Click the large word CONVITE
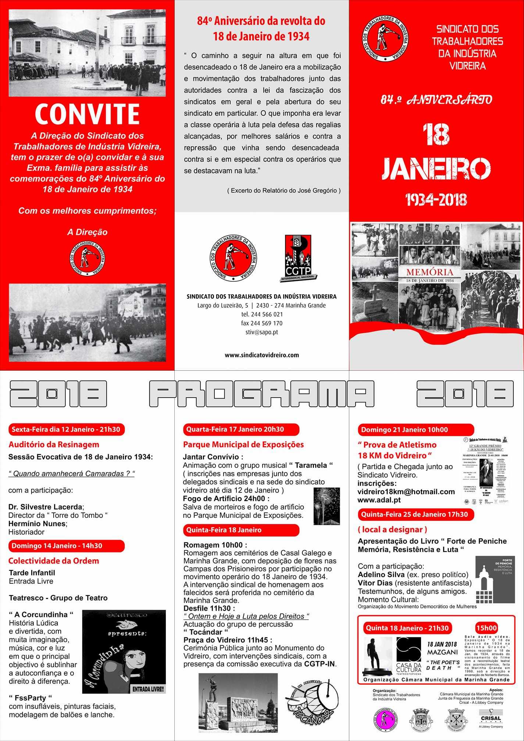pos(87,114)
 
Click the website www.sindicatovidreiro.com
pos(261,355)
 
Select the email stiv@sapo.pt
pos(261,332)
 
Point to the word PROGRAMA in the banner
pos(261,393)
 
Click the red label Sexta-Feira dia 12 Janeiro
pos(66,429)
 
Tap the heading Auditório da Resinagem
pos(54,444)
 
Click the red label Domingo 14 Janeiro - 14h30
pos(66,546)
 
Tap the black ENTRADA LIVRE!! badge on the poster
pos(148,689)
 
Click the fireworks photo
pos(327,506)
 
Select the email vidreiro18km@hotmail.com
pos(406,492)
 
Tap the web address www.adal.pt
pos(379,500)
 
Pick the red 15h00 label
pos(486,628)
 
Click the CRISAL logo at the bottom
pos(491,718)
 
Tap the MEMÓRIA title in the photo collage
pos(429,272)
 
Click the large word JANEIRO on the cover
pos(436,169)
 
